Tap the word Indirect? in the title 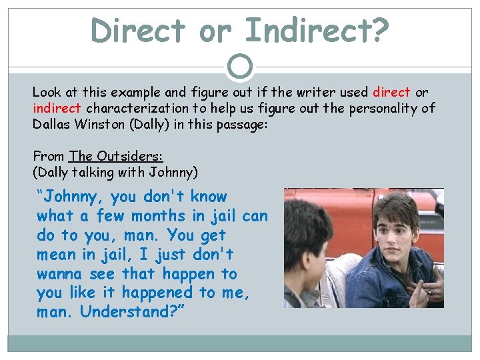[316, 30]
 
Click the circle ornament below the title [240, 66]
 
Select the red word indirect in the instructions [57, 108]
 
